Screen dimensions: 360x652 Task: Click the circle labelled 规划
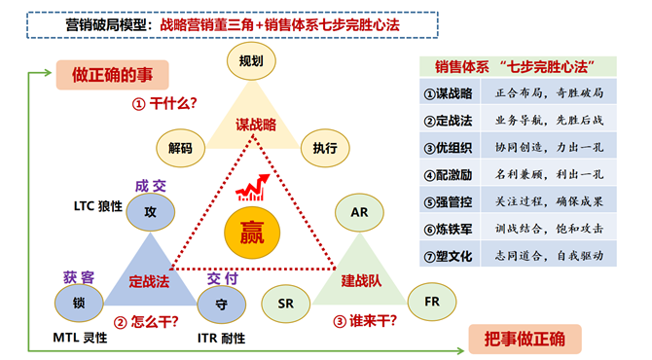point(250,60)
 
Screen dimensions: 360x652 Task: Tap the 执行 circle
point(324,148)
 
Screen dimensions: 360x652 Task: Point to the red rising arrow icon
point(258,185)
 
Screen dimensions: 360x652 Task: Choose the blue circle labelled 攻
point(150,210)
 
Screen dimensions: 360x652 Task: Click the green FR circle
point(431,302)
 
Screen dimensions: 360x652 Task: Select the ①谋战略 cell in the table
point(449,93)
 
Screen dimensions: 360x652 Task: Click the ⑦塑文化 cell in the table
point(449,256)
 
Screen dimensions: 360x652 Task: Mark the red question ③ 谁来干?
point(365,321)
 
